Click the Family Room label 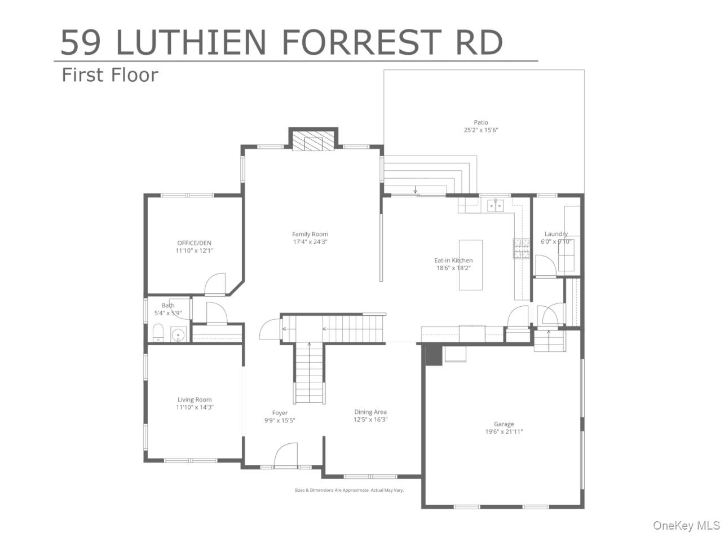pos(310,234)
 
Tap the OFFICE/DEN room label pos(194,243)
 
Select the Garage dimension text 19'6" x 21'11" pos(504,432)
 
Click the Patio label pos(480,122)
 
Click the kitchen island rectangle pos(470,265)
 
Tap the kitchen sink pos(495,205)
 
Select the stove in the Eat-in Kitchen pos(521,248)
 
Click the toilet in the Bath pos(158,333)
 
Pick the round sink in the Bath pos(178,336)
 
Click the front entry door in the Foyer pos(285,456)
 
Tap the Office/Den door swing pos(215,285)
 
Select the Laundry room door pos(545,266)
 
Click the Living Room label pos(195,400)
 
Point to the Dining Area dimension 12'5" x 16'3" pos(370,420)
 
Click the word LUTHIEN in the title pos(191,42)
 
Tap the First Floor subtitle pos(110,75)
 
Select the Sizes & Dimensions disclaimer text pos(349,490)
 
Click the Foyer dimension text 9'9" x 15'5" pos(280,420)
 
